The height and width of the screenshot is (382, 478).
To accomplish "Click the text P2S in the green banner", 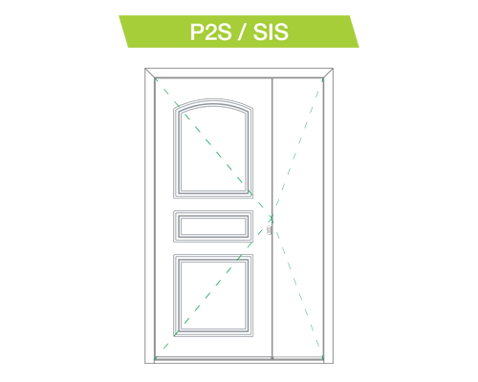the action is [x=210, y=32].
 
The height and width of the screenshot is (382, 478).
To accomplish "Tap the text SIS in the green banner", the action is [x=271, y=32].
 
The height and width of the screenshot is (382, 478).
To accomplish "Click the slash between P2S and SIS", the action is [x=242, y=32].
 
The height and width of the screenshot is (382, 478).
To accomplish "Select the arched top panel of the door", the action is [x=213, y=148].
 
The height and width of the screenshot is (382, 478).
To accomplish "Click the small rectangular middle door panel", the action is [x=213, y=226].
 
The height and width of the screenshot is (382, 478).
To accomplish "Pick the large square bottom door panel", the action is [x=213, y=295].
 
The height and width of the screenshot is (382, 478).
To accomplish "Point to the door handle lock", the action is [x=269, y=230].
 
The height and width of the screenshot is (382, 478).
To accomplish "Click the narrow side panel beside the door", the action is [x=298, y=218].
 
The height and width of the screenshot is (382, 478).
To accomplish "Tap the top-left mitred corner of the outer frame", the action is [x=150, y=73].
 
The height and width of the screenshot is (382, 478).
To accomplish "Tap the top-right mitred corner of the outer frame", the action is [x=328, y=73].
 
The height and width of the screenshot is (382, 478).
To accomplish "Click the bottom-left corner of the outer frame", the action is [x=145, y=363].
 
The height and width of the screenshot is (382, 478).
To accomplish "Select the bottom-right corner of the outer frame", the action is [x=333, y=363].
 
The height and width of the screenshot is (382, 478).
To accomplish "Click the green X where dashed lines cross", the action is [x=272, y=218].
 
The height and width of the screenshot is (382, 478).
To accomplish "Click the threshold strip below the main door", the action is [x=213, y=358].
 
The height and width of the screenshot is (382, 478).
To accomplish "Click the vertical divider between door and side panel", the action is [x=272, y=218].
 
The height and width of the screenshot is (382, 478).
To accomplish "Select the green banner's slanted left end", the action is [x=124, y=32].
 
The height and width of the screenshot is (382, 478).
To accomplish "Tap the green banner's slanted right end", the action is [x=354, y=32].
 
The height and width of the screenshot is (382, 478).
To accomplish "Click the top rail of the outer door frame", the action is [x=239, y=73].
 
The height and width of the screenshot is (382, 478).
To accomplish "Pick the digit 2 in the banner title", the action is [x=210, y=32].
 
